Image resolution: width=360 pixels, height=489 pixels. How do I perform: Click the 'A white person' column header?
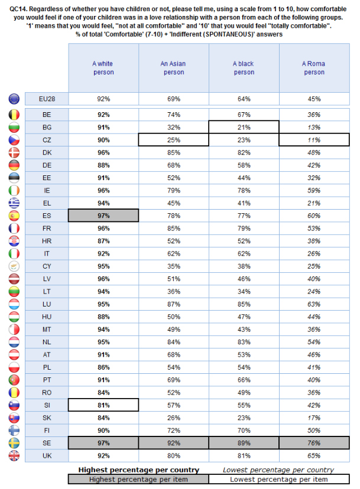(x=103, y=68)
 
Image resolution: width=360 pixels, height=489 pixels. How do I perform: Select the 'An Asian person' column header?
(x=173, y=68)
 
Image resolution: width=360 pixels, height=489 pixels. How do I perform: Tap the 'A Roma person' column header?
(x=313, y=68)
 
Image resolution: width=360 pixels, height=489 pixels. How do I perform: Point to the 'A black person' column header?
(x=243, y=68)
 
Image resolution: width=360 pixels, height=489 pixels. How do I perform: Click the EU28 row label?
(x=47, y=98)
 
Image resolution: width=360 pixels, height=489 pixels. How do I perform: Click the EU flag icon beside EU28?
(x=14, y=98)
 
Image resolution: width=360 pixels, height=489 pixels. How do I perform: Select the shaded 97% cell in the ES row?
(x=103, y=215)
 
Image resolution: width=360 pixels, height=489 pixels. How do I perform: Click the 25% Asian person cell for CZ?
(x=173, y=140)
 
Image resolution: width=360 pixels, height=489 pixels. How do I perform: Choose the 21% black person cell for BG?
(x=243, y=127)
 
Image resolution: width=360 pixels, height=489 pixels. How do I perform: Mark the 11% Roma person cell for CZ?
(x=313, y=140)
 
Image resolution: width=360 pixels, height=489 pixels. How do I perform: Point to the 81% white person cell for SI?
(x=103, y=404)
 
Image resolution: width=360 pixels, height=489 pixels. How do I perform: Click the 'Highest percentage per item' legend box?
(x=138, y=479)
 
